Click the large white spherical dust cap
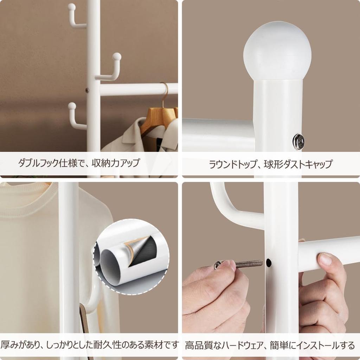(x=277, y=51)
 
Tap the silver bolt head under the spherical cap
(x=298, y=141)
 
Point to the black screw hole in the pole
(x=269, y=262)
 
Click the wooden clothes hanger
(x=158, y=118)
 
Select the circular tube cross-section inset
(x=131, y=257)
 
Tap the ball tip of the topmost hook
(x=71, y=7)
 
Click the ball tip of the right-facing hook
(x=117, y=56)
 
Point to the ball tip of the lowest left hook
(x=72, y=106)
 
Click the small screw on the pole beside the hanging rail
(x=87, y=90)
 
